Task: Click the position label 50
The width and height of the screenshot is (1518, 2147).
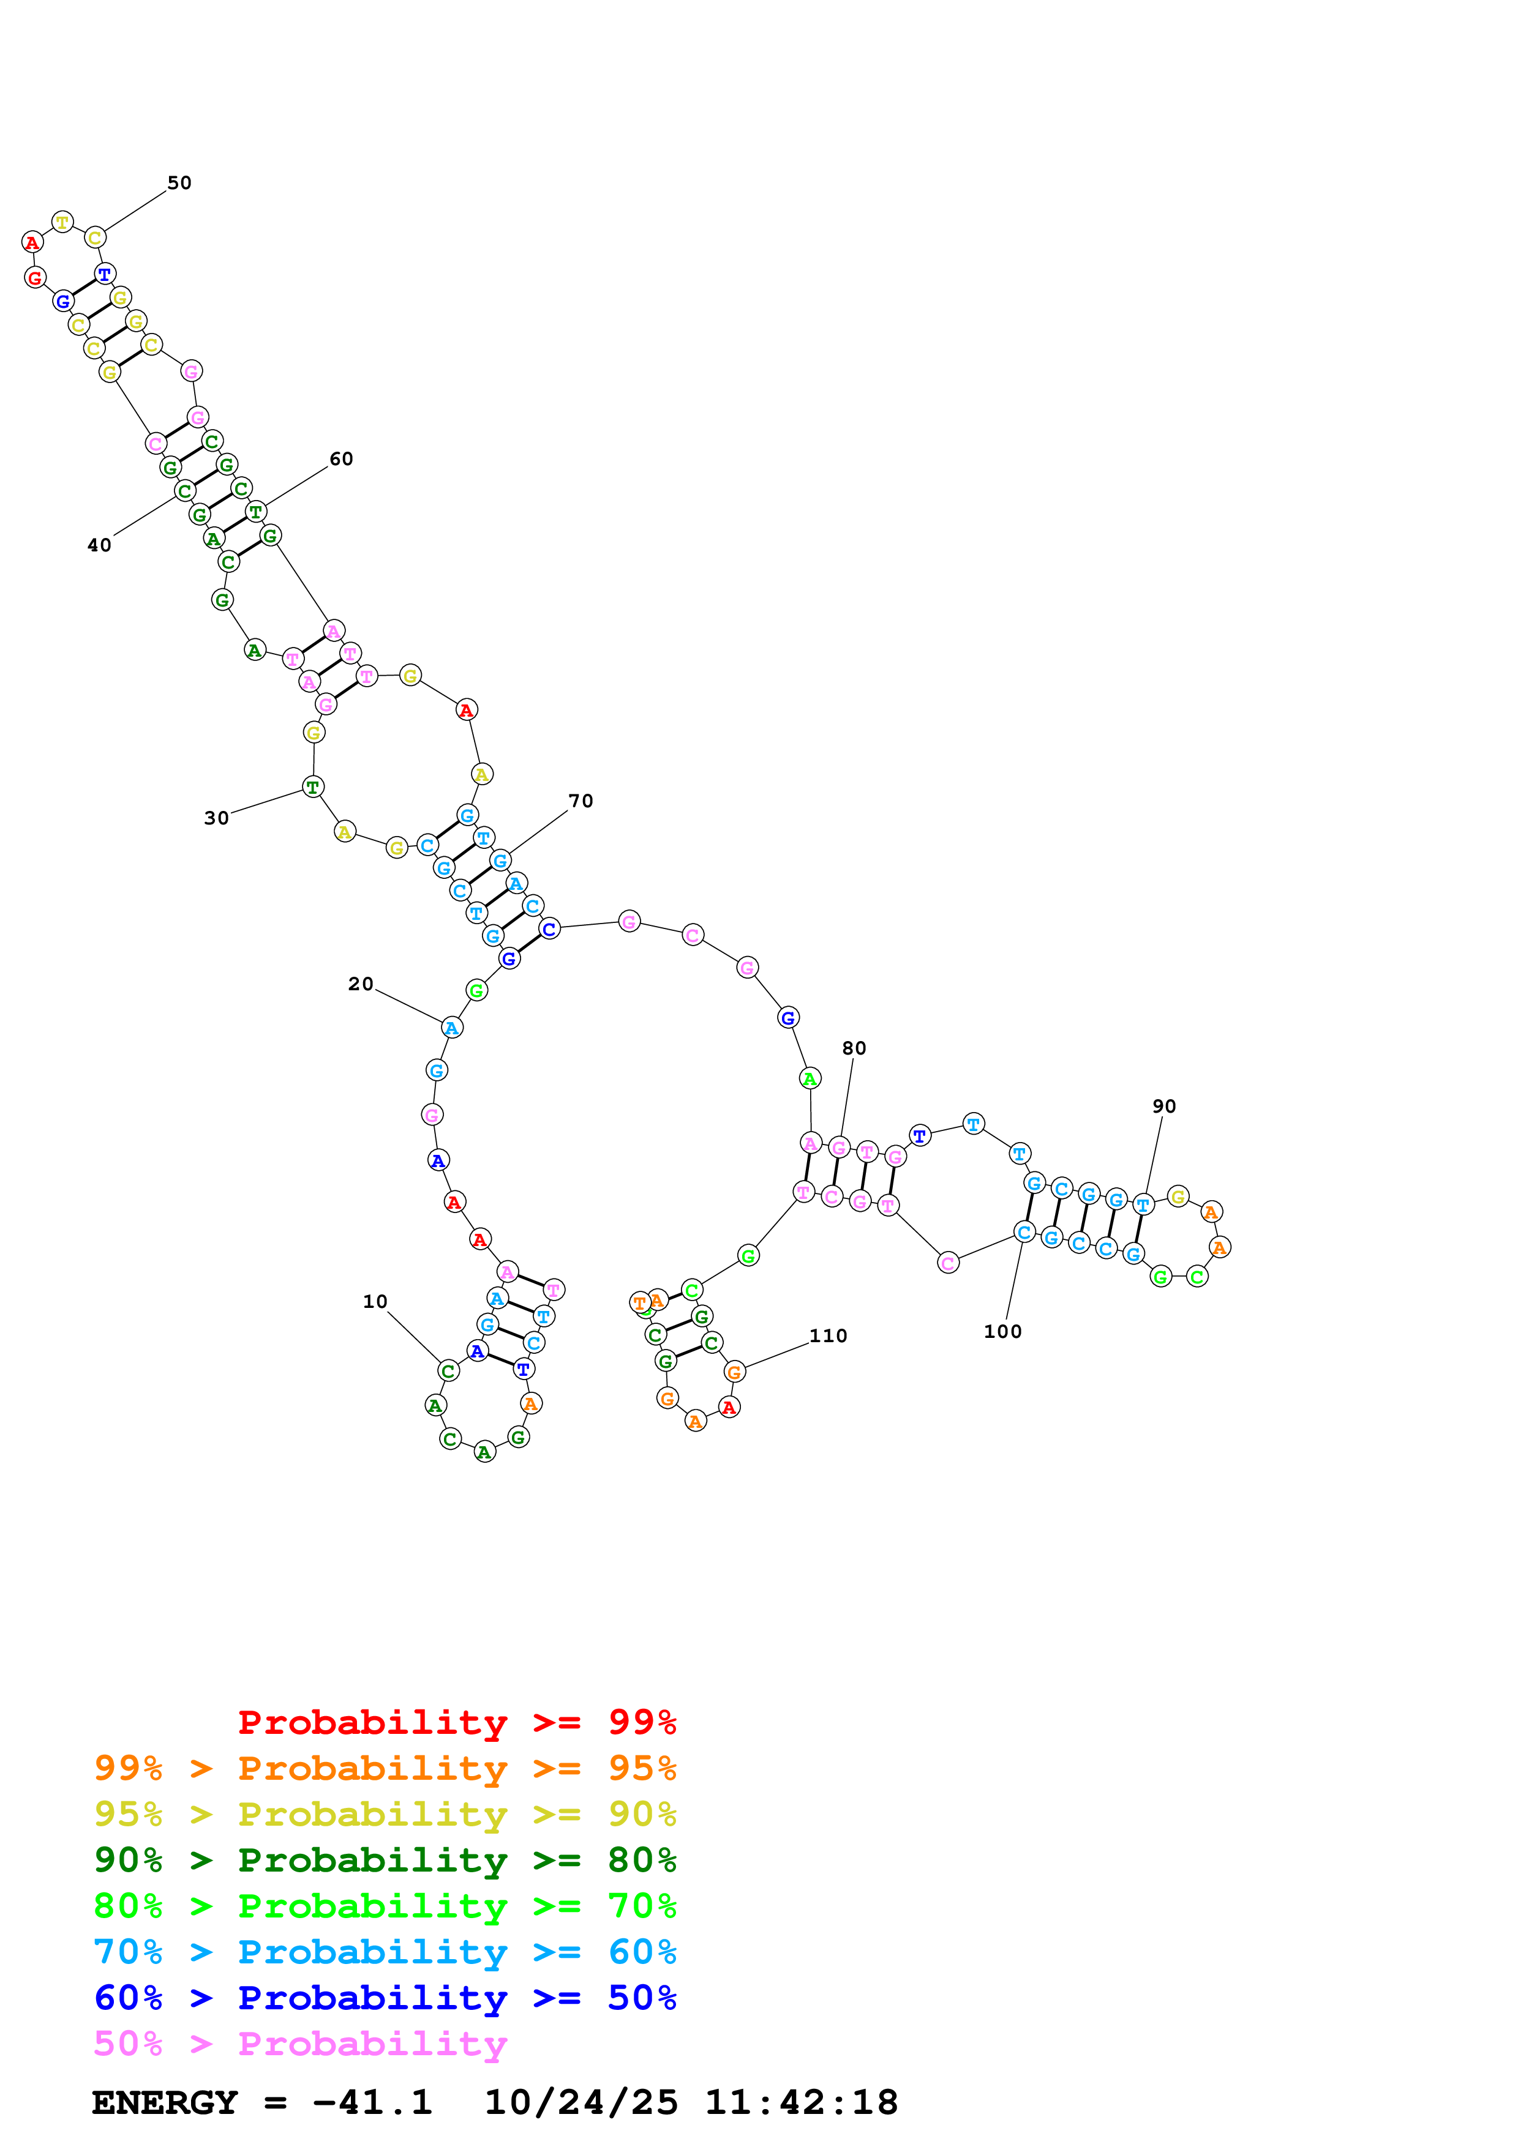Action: click(179, 183)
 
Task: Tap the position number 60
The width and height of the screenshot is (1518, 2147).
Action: click(342, 459)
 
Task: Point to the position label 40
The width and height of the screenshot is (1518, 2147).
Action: click(99, 545)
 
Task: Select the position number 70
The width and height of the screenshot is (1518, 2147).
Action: click(581, 801)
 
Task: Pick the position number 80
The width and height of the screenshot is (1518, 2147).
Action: click(854, 1049)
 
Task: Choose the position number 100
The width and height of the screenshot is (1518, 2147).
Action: click(1002, 1332)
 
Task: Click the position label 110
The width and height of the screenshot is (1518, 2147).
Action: click(829, 1336)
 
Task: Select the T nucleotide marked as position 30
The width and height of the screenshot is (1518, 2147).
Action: click(314, 787)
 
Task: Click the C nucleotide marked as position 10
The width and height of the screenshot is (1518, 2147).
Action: click(448, 1372)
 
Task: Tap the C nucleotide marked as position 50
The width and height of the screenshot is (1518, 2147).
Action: click(94, 237)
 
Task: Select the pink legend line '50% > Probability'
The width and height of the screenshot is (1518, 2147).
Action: click(300, 2044)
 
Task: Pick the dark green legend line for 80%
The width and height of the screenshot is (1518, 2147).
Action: click(385, 1860)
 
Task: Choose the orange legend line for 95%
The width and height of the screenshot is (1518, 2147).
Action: click(385, 1768)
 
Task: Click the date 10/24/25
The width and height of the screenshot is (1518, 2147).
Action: click(581, 2103)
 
